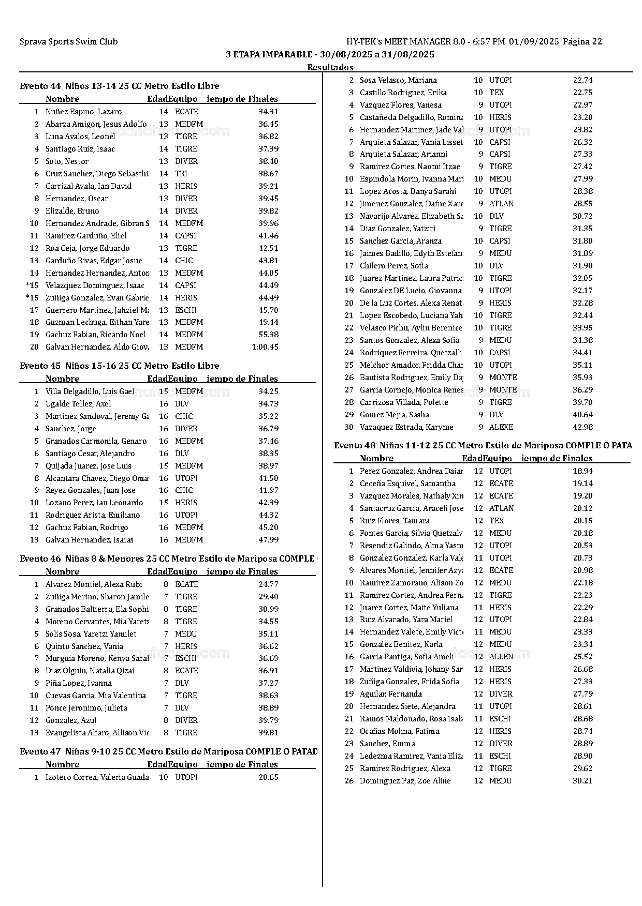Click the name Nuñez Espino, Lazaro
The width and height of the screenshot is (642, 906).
(x=83, y=112)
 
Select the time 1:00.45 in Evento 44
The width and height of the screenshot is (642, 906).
(x=265, y=347)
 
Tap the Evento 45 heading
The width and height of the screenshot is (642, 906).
(x=119, y=366)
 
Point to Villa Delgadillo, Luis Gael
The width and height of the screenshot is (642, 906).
(x=90, y=391)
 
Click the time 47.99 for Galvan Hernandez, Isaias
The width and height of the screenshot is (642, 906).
(x=268, y=540)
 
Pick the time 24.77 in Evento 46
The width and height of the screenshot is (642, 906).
(x=268, y=584)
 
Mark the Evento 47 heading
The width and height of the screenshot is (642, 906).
(x=168, y=751)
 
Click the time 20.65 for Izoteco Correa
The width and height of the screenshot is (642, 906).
(x=268, y=777)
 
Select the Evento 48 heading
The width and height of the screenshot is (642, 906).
(x=483, y=445)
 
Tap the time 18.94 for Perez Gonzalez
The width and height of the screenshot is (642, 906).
(x=582, y=471)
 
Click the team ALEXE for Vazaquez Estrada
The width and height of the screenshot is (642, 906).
(x=501, y=427)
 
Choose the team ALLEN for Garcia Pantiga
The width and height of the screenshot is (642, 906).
(x=501, y=657)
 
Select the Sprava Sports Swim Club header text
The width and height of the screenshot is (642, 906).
(x=68, y=42)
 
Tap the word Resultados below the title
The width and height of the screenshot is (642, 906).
(x=330, y=67)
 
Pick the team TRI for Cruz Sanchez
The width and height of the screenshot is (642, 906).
(x=181, y=174)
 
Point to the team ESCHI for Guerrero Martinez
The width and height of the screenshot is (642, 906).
(x=185, y=310)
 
